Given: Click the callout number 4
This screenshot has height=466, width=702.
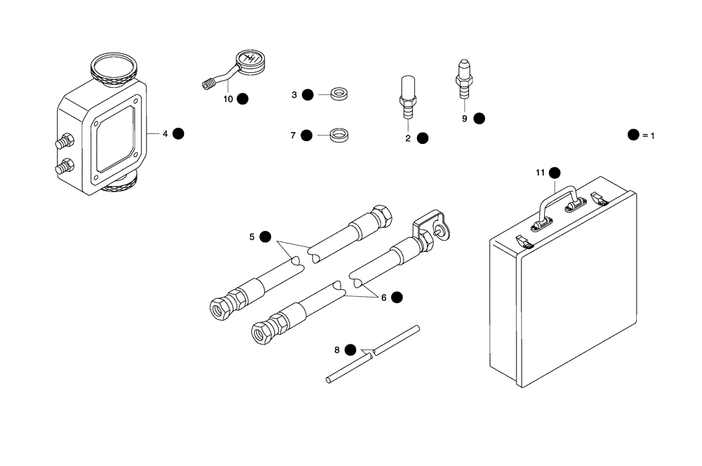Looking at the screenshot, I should pyautogui.click(x=165, y=133).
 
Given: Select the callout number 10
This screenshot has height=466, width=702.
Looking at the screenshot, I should pyautogui.click(x=228, y=99).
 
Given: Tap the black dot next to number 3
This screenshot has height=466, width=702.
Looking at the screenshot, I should pyautogui.click(x=307, y=95).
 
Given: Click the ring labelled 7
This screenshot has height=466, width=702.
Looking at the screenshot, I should pyautogui.click(x=340, y=133).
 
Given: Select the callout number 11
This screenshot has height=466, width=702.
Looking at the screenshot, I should pyautogui.click(x=540, y=173).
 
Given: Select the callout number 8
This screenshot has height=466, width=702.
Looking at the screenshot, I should pyautogui.click(x=337, y=349).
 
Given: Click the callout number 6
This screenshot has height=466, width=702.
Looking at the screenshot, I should pyautogui.click(x=384, y=298).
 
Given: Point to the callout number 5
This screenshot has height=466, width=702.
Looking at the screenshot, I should pyautogui.click(x=252, y=237).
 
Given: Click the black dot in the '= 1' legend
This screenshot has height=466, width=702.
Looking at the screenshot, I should pyautogui.click(x=633, y=135).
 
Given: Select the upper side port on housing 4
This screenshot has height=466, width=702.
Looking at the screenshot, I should pyautogui.click(x=64, y=142).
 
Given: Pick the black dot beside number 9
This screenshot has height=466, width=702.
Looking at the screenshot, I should pyautogui.click(x=479, y=119).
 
